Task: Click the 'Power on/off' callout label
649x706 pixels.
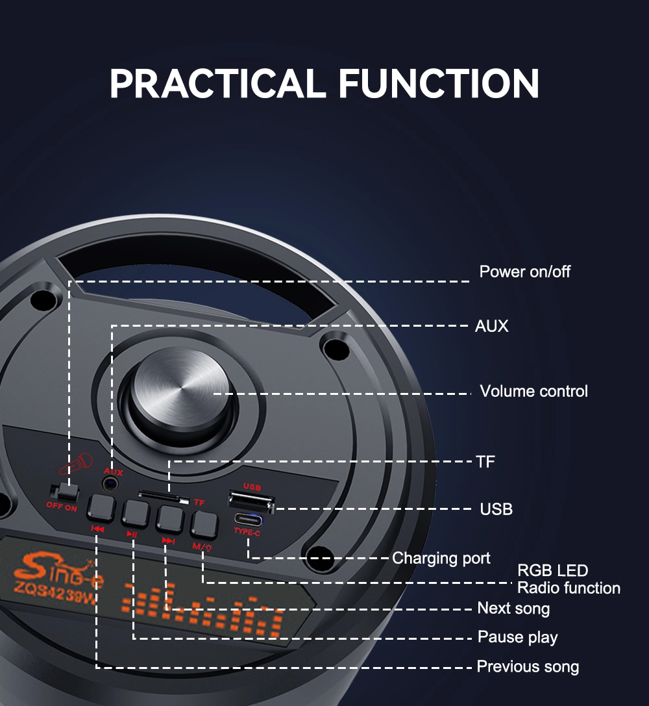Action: pyautogui.click(x=524, y=272)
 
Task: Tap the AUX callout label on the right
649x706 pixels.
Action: pyautogui.click(x=491, y=326)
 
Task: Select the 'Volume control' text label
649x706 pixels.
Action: pyautogui.click(x=533, y=391)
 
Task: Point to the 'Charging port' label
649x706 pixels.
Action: pyautogui.click(x=441, y=559)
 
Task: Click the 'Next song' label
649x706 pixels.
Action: pyautogui.click(x=513, y=609)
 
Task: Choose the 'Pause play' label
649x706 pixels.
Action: pyautogui.click(x=517, y=637)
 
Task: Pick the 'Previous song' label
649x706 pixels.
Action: pyautogui.click(x=528, y=666)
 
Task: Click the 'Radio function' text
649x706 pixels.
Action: pyautogui.click(x=569, y=588)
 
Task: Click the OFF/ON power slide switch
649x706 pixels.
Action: pyautogui.click(x=66, y=492)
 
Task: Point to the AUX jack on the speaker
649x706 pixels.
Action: pyautogui.click(x=110, y=485)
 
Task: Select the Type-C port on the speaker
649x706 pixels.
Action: pyautogui.click(x=248, y=520)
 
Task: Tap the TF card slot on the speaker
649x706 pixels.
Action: pyautogui.click(x=164, y=498)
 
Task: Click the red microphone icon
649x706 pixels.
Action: pyautogui.click(x=76, y=464)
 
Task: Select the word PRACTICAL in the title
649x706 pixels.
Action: pyautogui.click(x=217, y=83)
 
